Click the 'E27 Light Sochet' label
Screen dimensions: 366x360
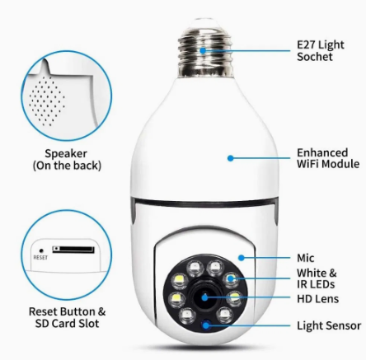(x=321, y=51)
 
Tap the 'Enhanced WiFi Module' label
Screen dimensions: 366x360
(x=328, y=158)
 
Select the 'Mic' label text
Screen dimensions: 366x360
(x=306, y=258)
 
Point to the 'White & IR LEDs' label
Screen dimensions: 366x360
(x=317, y=278)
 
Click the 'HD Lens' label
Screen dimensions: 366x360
(x=317, y=299)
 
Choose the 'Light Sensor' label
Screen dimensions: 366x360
(x=329, y=325)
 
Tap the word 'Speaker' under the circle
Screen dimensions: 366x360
(x=66, y=154)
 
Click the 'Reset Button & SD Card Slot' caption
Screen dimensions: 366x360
(x=67, y=317)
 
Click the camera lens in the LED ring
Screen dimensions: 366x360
(x=204, y=297)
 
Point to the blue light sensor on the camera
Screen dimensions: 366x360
(x=206, y=325)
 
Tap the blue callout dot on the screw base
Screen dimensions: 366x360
(x=203, y=50)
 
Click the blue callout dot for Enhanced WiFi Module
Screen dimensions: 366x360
(x=231, y=158)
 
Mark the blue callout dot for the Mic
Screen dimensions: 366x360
(x=242, y=258)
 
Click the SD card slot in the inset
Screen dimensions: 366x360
(x=73, y=250)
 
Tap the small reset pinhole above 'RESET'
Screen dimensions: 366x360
(x=41, y=250)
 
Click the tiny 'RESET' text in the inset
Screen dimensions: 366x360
(x=40, y=258)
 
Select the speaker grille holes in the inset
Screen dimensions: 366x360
(x=47, y=101)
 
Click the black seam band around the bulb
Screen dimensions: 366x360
(x=204, y=203)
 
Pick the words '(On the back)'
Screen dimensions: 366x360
(x=67, y=166)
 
